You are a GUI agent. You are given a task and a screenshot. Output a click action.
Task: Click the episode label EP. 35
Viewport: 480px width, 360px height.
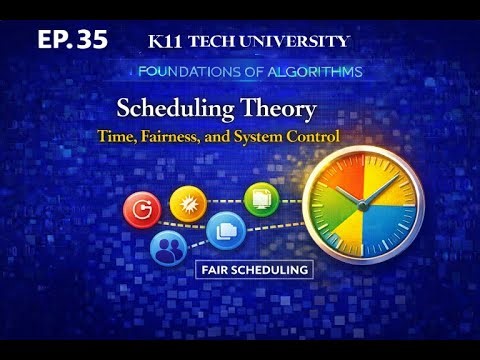click(71, 40)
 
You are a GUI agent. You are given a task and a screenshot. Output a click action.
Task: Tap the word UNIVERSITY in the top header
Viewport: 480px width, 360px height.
click(300, 41)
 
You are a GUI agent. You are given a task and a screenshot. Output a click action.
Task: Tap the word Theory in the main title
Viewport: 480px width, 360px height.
click(281, 108)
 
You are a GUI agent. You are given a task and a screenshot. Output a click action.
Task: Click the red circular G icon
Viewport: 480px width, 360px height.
click(141, 209)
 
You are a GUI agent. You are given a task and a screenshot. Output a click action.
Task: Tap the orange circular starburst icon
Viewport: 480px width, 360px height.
click(188, 203)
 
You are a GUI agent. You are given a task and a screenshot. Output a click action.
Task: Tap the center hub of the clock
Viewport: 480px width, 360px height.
click(363, 203)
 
